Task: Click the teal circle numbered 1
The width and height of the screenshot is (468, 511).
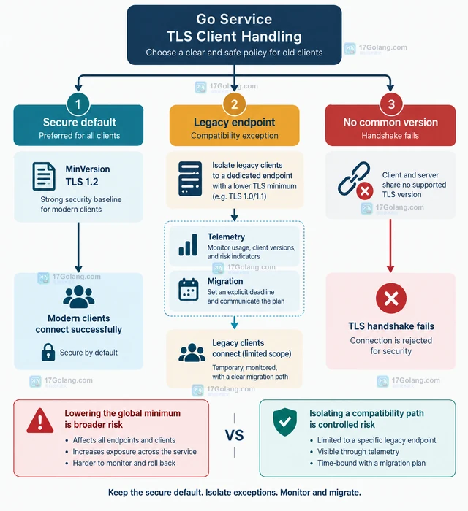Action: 78,104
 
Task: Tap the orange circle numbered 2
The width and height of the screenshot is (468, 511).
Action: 234,104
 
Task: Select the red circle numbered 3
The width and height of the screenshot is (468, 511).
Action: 391,104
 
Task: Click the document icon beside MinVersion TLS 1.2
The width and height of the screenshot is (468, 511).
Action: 44,177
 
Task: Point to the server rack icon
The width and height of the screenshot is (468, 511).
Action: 190,179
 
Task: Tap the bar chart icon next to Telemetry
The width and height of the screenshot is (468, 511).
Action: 188,245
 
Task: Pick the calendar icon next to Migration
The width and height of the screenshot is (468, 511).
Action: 189,289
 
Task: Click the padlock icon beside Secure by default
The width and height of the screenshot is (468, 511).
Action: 48,352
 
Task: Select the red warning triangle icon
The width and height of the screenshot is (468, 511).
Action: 39,421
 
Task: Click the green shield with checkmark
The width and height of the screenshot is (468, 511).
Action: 285,422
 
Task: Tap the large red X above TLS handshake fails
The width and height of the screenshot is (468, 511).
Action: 391,298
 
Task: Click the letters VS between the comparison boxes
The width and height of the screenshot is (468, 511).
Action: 234,435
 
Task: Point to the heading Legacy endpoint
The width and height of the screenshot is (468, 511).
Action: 234,122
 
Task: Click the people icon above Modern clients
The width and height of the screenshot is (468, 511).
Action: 79,296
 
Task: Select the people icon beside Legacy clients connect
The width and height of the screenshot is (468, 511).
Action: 192,353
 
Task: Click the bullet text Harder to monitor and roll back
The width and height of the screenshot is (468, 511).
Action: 124,463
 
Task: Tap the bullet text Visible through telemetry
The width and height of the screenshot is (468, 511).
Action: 358,452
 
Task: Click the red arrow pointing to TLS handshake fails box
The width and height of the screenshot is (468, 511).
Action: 390,246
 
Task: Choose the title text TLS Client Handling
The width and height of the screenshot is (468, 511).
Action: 234,36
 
